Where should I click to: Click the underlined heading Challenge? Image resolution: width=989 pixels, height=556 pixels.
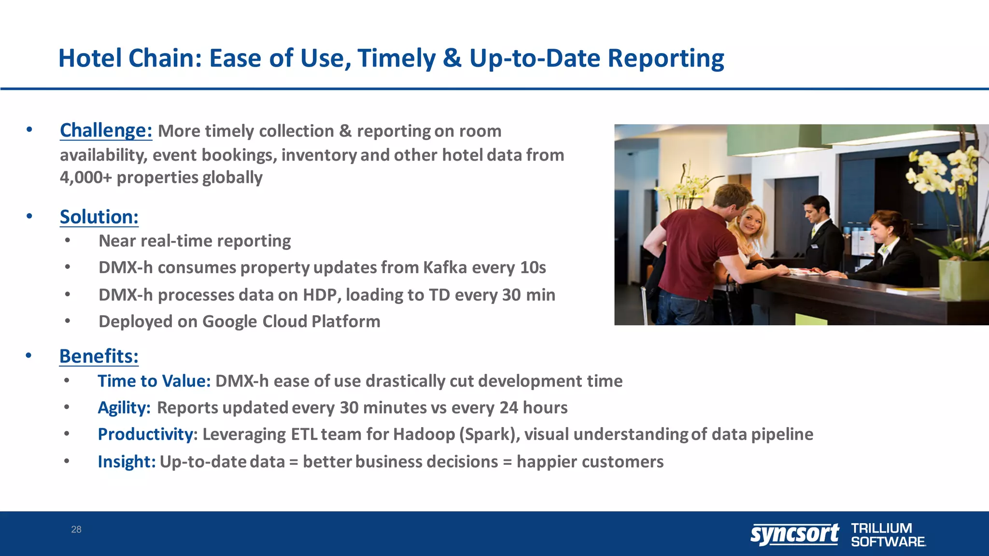(x=106, y=130)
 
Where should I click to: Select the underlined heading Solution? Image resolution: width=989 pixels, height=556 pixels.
(x=99, y=217)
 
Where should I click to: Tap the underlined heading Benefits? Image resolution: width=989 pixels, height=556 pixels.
(x=99, y=356)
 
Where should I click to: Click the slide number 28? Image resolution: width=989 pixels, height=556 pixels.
(x=76, y=529)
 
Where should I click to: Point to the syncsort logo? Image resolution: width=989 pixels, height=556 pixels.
(x=794, y=534)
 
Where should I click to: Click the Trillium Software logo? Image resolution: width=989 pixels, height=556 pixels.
(x=888, y=535)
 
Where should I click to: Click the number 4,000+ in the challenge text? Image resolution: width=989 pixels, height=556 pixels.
(x=85, y=178)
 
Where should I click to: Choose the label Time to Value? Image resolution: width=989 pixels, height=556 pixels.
(x=154, y=381)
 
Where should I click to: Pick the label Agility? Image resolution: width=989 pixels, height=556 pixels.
(x=124, y=408)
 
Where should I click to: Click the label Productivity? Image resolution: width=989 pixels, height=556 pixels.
(x=145, y=434)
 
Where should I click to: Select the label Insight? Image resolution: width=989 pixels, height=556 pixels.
(x=127, y=462)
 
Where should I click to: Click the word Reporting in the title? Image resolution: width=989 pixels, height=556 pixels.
(x=665, y=58)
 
